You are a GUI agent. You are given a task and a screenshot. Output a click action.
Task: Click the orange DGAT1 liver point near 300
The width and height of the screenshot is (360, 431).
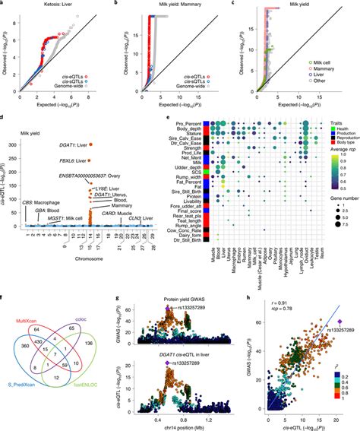coord(90,144)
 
